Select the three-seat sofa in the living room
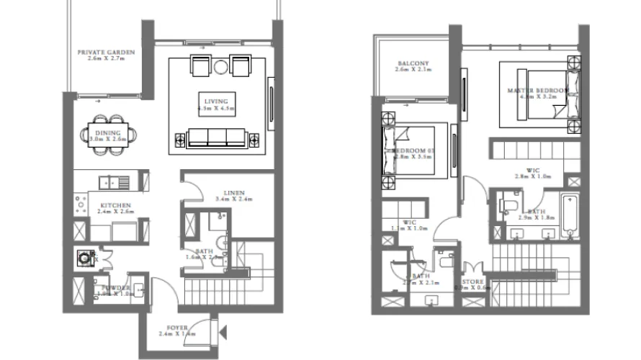coord(216,136)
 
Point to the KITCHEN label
coord(113,205)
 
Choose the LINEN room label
coord(233,193)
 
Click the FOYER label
coord(176,326)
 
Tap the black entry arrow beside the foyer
coord(224,333)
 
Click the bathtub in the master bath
coord(569,217)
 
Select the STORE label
coord(473,282)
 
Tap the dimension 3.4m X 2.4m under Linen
coord(233,199)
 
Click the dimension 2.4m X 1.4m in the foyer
coord(176,333)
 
